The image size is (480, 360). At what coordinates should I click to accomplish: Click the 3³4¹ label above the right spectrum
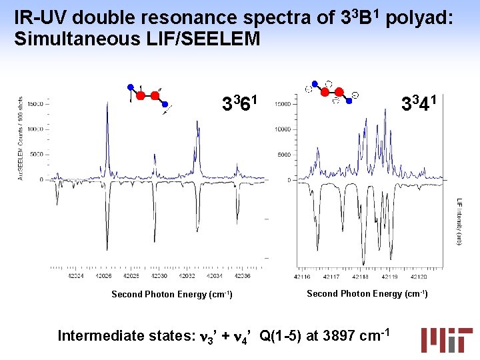coord(419,103)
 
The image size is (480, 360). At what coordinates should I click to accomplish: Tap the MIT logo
coord(446,339)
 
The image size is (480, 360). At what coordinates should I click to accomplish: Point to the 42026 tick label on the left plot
coord(103,276)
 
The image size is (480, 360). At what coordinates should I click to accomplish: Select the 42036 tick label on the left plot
coord(243,276)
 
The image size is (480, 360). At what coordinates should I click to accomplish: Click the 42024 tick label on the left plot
coord(75,276)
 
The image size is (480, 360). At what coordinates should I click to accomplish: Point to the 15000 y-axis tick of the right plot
coord(283,104)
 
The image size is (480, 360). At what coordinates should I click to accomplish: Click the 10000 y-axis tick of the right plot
coord(283,129)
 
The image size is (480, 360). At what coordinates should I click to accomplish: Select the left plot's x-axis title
coord(171,294)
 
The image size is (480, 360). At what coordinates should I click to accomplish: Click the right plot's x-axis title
coord(367,293)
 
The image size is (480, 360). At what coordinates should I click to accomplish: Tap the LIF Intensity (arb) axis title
coord(459,221)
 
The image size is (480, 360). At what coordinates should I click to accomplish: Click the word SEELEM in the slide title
coord(223,39)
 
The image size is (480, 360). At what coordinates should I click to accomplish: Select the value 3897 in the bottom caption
coord(339,335)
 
